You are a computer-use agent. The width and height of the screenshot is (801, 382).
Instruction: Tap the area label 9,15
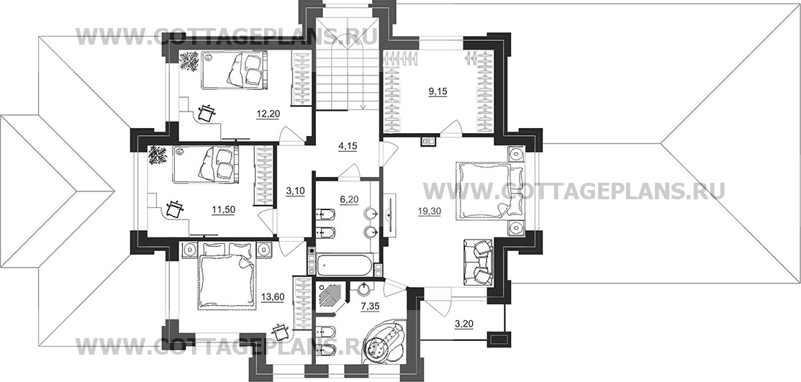438,92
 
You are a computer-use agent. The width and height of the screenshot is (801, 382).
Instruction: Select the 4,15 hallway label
348,145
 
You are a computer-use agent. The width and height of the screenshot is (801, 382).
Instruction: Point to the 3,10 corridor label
295,191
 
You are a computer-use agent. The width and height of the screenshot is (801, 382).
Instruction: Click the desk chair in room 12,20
207,113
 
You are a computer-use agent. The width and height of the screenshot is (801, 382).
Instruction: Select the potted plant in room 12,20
189,61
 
